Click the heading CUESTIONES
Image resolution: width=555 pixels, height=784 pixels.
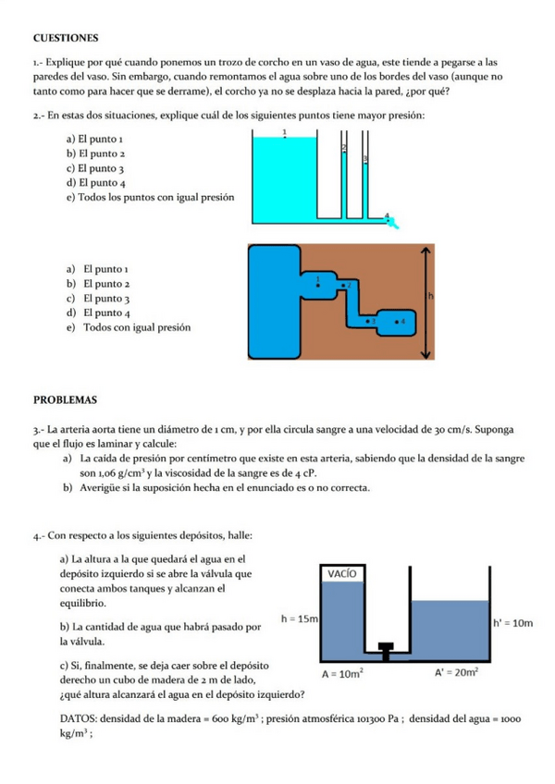[x=66, y=38]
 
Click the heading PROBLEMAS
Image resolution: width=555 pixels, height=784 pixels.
[x=66, y=400]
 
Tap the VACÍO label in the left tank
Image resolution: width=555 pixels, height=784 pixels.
[x=343, y=573]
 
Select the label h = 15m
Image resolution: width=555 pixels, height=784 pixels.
[x=299, y=618]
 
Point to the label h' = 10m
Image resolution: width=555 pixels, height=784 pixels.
[x=512, y=623]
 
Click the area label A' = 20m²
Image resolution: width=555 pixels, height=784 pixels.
[x=456, y=674]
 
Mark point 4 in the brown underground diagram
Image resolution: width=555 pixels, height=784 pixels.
[x=400, y=319]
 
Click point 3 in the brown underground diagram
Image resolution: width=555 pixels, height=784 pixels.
[x=370, y=319]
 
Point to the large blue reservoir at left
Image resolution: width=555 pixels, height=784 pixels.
[x=274, y=300]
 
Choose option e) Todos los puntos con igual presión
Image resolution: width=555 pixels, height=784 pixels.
[x=138, y=198]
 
